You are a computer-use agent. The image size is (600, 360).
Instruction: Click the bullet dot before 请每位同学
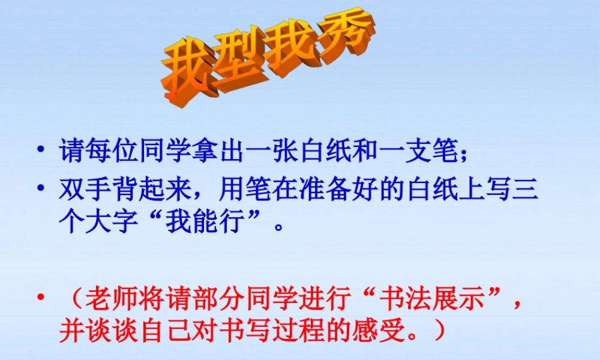(41, 149)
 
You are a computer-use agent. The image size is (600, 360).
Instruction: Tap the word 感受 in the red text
(384, 331)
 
